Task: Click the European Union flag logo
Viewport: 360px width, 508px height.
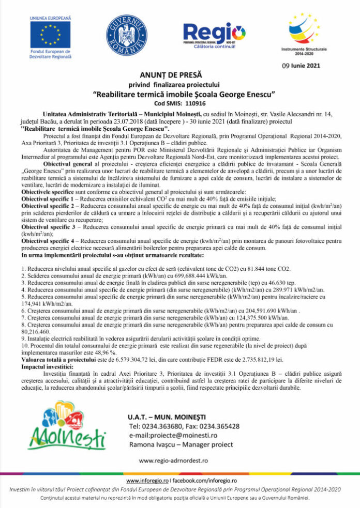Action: [x=50, y=34]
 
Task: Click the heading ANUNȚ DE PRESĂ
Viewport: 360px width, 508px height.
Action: [x=177, y=74]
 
